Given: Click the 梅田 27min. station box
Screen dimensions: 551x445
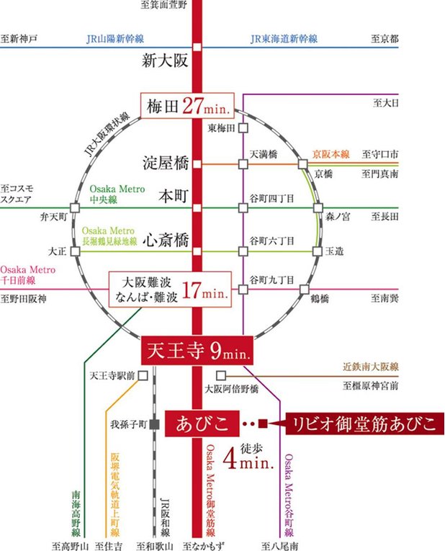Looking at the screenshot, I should tap(187, 106).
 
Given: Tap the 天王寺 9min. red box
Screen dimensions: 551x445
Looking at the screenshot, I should tap(196, 351).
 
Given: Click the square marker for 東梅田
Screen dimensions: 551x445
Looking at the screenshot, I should tap(243, 128).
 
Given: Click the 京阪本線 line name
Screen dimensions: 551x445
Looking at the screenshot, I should tap(331, 154).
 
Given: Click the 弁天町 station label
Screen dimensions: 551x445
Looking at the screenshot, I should tap(54, 215).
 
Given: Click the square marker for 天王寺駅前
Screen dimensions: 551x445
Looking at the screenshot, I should tap(143, 375).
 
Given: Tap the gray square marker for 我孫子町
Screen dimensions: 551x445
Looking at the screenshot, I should tap(154, 424).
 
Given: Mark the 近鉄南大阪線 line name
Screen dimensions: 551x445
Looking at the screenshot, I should tap(369, 367).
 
